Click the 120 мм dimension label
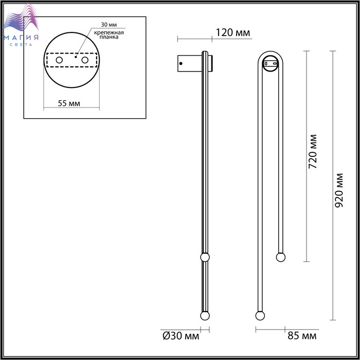point(233,32)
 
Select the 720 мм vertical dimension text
point(313,152)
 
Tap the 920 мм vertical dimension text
point(338,190)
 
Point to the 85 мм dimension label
point(302,336)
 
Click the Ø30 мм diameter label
point(181,336)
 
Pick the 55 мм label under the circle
point(69,103)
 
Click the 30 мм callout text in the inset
point(109,25)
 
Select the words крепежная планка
point(109,34)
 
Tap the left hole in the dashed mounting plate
point(59,60)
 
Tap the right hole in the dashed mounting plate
point(85,60)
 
